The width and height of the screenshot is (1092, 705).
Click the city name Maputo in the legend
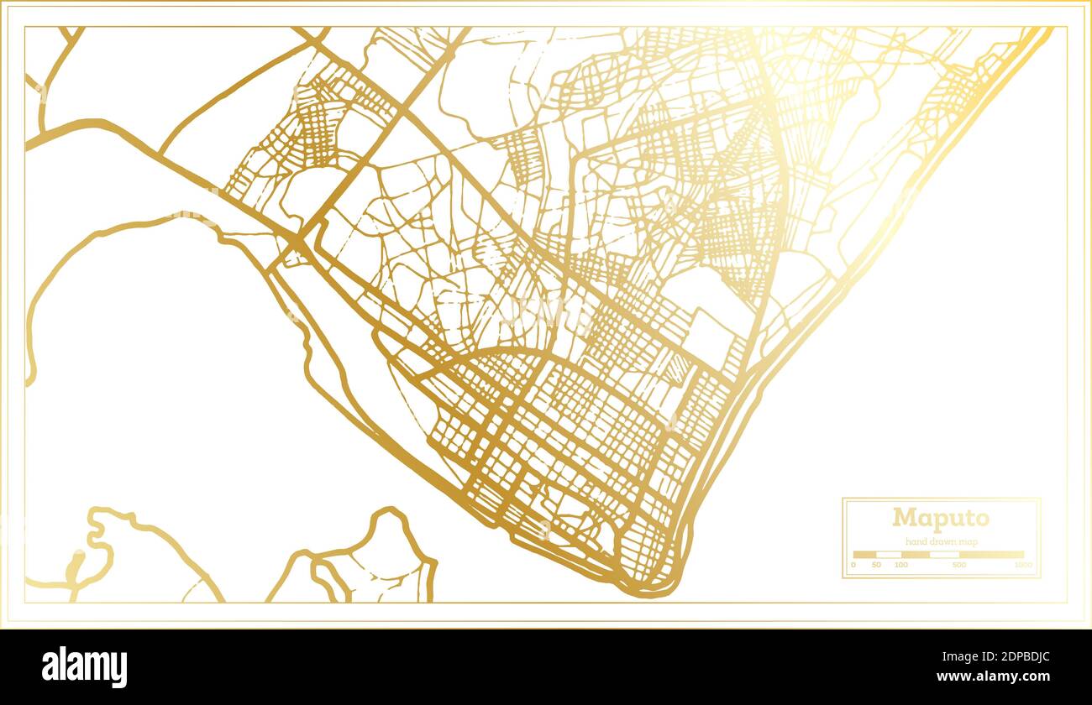coord(941,518)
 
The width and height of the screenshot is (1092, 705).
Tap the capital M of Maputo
coord(903,518)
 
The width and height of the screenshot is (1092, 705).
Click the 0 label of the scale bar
coord(853,566)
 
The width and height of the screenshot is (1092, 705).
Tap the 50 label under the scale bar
coord(877,566)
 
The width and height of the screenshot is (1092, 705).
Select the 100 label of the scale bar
coord(900,566)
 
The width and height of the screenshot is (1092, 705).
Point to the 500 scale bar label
coord(959,566)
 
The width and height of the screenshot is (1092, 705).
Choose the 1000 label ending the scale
coord(1023,566)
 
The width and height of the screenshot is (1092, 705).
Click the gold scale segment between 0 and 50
coord(865,555)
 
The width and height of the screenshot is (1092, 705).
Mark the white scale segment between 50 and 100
coord(889,555)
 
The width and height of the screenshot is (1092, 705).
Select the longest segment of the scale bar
coord(991,555)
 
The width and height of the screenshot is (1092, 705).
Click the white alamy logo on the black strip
coord(84,667)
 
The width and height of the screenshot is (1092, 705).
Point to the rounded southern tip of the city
coord(651,590)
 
